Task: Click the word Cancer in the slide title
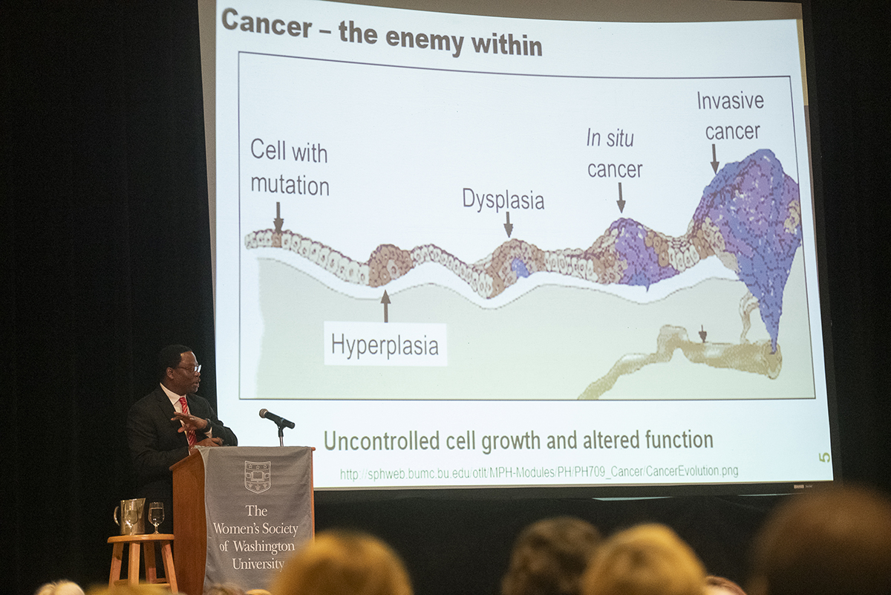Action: coord(267,24)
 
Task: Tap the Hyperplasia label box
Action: coord(385,344)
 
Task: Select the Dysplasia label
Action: coord(503,199)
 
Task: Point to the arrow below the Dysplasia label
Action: coord(509,224)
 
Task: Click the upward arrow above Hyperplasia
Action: coord(385,305)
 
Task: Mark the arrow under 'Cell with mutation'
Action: coord(278,218)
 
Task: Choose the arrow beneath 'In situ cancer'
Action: coord(621,198)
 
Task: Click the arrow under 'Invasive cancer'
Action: coord(715,158)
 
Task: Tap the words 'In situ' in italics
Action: coord(610,138)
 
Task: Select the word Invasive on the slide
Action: coord(731,100)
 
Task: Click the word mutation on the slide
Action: coord(290,186)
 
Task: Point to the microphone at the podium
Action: coord(276,418)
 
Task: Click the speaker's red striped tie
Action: coord(187,420)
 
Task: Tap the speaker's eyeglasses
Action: coord(190,368)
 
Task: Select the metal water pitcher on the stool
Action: coord(130,516)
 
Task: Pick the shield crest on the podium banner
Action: coord(258,477)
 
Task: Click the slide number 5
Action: coord(825,458)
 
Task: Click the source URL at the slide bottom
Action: coord(539,472)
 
